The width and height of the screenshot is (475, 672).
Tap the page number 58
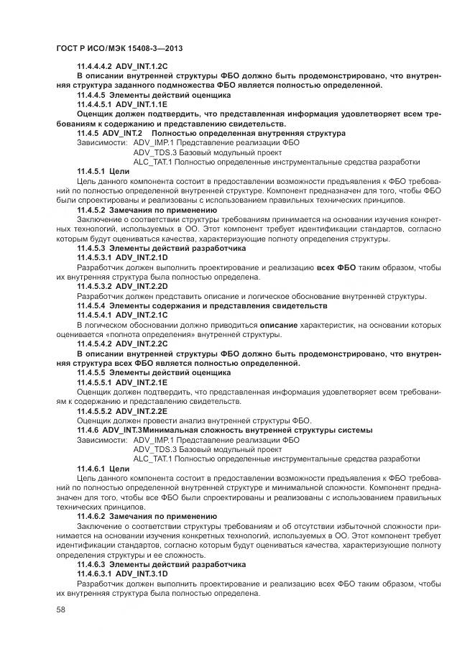[x=60, y=609]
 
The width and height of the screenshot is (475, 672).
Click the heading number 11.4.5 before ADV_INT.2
[x=88, y=133]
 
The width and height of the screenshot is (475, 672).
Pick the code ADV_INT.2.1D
[x=142, y=257]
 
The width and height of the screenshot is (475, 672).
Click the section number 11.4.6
[x=88, y=429]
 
